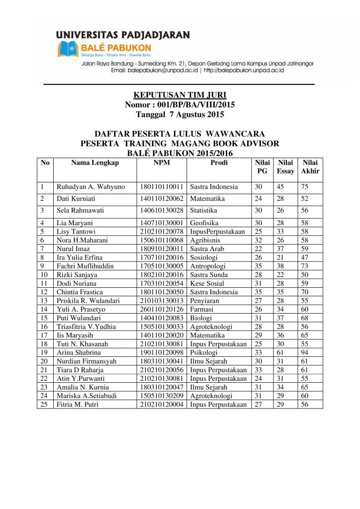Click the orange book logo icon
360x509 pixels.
point(68,50)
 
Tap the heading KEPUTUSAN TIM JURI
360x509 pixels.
point(180,95)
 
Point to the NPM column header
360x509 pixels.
point(162,163)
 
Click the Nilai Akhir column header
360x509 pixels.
point(310,167)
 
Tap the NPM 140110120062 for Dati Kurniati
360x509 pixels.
point(162,199)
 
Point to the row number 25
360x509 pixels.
point(44,405)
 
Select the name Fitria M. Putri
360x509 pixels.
point(78,405)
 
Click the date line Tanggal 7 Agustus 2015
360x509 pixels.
point(180,114)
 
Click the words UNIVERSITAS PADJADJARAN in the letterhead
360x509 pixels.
point(123,35)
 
